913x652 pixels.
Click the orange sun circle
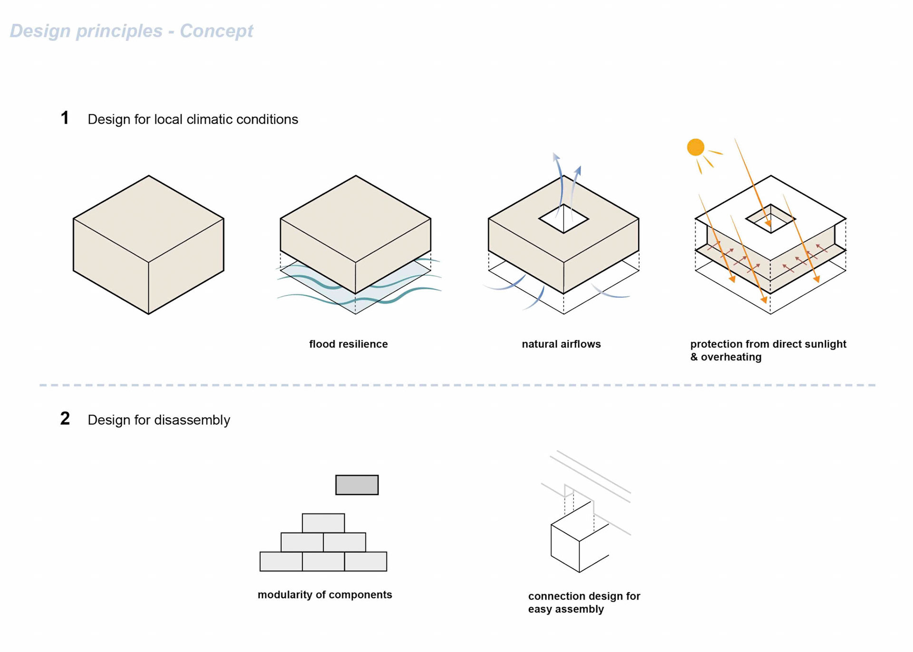(x=695, y=147)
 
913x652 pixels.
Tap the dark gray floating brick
(x=357, y=485)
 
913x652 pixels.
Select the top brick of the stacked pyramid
(x=323, y=523)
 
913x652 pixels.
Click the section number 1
(x=65, y=118)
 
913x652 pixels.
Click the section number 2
(x=65, y=418)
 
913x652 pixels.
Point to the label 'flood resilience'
(x=348, y=344)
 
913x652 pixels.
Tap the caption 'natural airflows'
(x=561, y=344)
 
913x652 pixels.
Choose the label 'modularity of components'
(x=325, y=594)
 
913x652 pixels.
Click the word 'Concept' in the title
(x=216, y=31)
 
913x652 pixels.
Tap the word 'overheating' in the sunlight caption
(x=731, y=357)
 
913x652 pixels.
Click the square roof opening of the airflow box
(x=563, y=219)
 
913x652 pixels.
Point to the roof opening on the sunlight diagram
(x=770, y=219)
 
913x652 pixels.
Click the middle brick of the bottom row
(x=323, y=561)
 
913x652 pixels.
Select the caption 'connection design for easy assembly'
(x=584, y=602)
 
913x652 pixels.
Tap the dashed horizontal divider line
(x=456, y=385)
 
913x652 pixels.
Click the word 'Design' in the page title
(x=40, y=31)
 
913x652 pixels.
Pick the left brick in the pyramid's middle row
(x=302, y=542)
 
